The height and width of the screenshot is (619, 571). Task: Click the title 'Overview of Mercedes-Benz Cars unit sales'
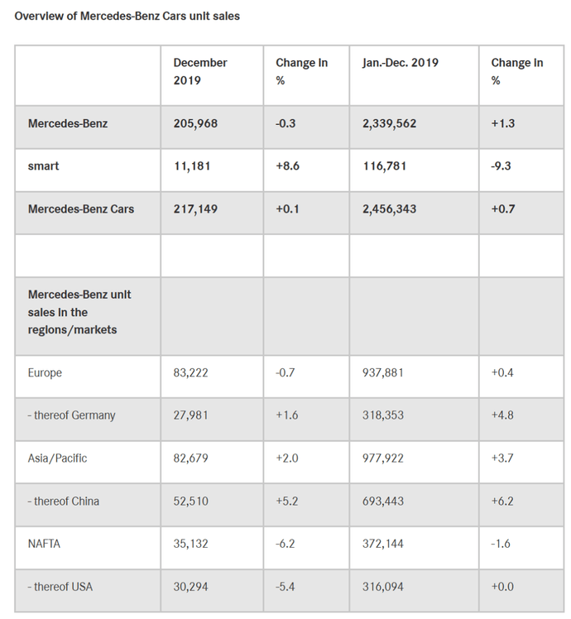click(127, 17)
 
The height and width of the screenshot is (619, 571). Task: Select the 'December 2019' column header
click(200, 71)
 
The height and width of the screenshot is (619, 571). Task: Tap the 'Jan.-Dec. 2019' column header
click(401, 63)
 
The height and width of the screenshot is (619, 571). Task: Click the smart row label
click(43, 166)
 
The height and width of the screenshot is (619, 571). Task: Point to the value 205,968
click(195, 123)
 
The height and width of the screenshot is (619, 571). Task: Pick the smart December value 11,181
click(192, 166)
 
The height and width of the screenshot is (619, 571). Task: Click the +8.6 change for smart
click(287, 166)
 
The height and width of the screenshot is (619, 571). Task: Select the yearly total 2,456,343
click(389, 209)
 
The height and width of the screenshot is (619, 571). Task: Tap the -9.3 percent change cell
click(501, 166)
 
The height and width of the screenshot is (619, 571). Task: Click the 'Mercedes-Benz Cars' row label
click(81, 209)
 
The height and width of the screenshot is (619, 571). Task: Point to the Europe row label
click(45, 373)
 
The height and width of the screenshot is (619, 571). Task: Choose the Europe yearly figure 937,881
click(383, 372)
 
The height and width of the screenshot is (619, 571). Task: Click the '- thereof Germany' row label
click(71, 415)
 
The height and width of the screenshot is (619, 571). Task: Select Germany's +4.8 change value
click(502, 415)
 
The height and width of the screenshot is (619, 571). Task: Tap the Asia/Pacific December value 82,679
click(190, 458)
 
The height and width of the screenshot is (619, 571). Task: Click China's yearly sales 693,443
click(383, 501)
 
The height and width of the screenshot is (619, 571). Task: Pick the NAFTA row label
click(44, 544)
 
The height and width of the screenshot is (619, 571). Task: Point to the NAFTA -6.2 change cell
click(285, 544)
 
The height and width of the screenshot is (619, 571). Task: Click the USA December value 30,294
click(190, 587)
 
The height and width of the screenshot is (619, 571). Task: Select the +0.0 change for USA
click(502, 587)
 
